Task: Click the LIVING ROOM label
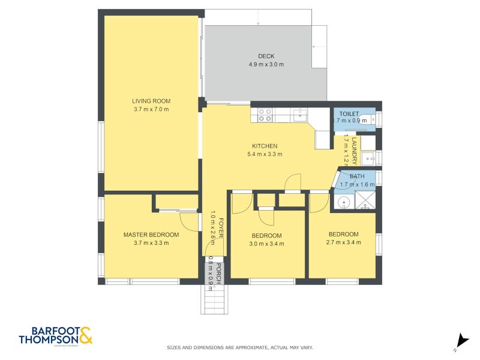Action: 151,101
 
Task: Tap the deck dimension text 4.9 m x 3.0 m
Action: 266,64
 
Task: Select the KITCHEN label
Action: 265,146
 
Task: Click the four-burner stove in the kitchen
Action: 265,115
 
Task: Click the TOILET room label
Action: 349,113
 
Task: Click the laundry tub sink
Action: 370,158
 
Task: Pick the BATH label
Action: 356,176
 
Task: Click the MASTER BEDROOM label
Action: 151,235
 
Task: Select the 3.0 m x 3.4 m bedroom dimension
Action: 266,244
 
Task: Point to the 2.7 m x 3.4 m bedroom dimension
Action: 343,242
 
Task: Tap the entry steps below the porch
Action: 215,298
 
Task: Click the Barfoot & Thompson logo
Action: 56,336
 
